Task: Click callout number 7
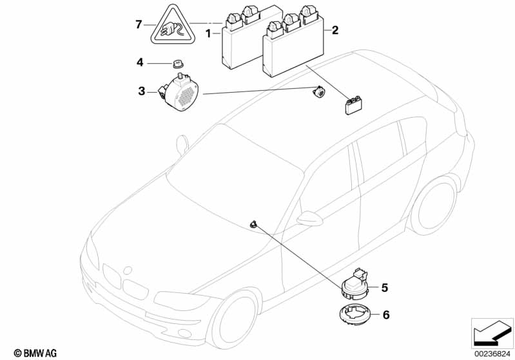pos(139,24)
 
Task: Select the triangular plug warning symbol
pos(173,26)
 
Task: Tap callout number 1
pos(208,33)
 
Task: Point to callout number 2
pos(335,30)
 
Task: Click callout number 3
pos(142,91)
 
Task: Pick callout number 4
pos(141,62)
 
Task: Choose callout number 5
pos(385,288)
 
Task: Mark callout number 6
pos(386,315)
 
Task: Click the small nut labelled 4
pos(178,63)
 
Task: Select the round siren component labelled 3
pos(179,92)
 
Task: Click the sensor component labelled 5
pos(356,285)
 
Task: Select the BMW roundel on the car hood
pos(127,270)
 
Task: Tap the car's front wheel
pos(235,320)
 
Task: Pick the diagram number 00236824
pos(492,354)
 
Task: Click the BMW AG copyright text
pos(35,353)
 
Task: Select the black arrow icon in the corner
pos(492,333)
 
